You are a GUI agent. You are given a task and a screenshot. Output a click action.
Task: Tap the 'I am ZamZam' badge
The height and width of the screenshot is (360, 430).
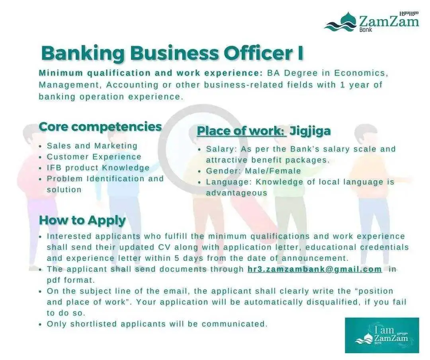point(382,335)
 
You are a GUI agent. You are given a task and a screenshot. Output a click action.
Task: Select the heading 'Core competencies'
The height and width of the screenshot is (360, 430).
point(100,127)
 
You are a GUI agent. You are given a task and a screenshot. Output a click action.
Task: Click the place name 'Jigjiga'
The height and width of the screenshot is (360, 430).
point(310,131)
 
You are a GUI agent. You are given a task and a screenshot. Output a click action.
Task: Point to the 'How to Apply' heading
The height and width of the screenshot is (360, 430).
point(82,220)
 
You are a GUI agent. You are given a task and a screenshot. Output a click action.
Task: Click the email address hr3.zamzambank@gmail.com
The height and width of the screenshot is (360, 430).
point(315,269)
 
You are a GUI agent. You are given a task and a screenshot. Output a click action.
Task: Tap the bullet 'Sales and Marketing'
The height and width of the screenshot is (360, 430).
point(92,146)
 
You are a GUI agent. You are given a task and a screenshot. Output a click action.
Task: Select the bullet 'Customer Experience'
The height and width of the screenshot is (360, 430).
point(94,157)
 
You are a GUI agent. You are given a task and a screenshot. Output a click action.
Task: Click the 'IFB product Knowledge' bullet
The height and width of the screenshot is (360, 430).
point(98,168)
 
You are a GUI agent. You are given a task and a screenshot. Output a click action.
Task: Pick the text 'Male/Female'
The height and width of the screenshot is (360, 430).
point(273,171)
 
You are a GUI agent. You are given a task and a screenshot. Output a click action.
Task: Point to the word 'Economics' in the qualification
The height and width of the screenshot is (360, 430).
point(361,73)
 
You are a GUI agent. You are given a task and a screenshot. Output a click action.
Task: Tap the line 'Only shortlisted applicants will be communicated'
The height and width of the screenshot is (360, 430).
point(157,324)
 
